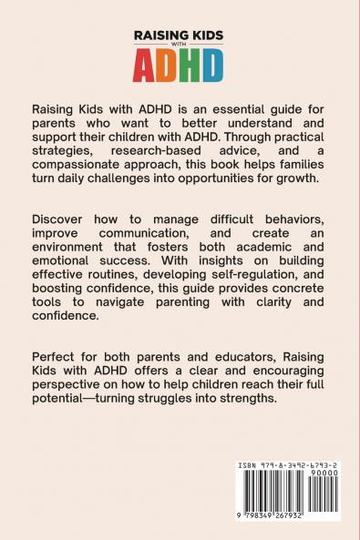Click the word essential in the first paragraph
tap(229, 107)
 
